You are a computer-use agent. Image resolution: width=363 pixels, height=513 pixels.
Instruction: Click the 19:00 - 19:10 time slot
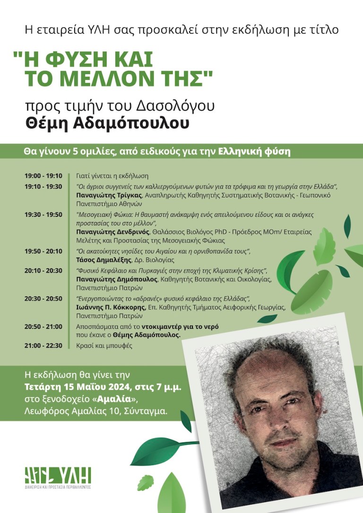43,176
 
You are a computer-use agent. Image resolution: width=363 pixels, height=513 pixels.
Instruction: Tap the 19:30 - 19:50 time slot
43,214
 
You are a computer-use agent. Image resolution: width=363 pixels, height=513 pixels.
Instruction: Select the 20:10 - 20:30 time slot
43,270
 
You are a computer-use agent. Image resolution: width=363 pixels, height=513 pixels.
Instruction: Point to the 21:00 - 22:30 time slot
43,345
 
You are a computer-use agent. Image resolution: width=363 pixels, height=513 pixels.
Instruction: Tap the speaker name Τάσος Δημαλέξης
99,260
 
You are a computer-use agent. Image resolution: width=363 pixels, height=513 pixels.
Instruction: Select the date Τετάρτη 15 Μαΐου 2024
79,388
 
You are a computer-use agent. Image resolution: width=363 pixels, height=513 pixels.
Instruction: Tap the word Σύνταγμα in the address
146,411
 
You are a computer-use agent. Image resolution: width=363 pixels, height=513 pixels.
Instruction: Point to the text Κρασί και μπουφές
104,345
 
